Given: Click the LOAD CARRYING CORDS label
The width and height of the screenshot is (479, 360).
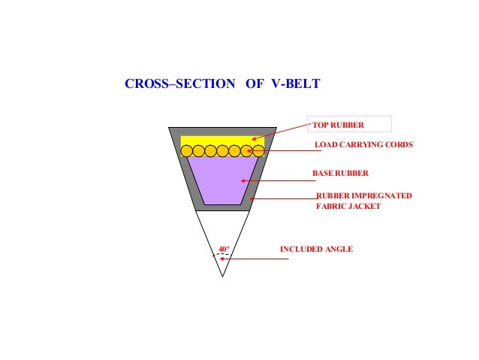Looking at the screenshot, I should (x=363, y=144).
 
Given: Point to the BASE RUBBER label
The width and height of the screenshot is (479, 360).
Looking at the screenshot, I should (x=340, y=173).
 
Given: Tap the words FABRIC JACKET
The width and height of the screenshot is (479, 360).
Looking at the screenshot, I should (x=348, y=206).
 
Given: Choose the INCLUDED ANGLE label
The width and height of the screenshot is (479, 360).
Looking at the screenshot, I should (x=316, y=249).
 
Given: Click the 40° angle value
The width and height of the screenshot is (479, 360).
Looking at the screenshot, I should (x=223, y=248).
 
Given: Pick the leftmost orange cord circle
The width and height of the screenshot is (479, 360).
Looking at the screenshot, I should (x=187, y=151).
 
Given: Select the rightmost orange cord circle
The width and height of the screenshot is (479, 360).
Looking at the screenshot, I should (x=258, y=151).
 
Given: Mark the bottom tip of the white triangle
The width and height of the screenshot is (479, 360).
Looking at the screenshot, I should (x=222, y=276).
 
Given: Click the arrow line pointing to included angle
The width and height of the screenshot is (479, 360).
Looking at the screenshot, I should (x=255, y=259).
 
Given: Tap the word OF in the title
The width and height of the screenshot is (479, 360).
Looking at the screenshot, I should (x=254, y=84).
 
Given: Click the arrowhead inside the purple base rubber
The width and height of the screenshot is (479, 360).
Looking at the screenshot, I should (x=243, y=180).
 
